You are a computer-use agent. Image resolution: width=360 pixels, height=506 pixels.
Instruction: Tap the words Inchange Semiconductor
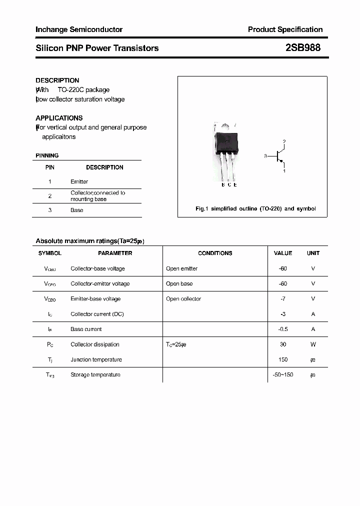click(79, 29)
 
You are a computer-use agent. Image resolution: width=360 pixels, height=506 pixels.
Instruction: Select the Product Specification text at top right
click(285, 29)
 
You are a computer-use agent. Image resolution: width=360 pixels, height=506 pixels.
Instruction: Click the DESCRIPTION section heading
click(57, 80)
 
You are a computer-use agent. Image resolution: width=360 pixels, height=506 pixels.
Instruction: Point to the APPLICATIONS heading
click(59, 118)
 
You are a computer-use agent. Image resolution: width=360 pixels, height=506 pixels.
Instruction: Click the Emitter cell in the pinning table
click(79, 181)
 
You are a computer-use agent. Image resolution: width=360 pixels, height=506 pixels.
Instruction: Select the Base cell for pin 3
click(77, 210)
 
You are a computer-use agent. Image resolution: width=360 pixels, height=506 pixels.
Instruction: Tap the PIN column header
click(50, 167)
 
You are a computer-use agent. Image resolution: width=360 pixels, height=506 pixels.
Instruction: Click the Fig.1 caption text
click(255, 208)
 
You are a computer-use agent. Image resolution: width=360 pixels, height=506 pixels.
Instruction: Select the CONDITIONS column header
click(215, 253)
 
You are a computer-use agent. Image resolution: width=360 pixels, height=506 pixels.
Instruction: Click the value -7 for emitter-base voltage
click(283, 299)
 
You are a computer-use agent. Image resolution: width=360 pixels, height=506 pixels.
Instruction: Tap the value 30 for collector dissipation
click(283, 344)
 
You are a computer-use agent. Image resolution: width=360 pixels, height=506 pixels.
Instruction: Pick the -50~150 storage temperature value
click(283, 374)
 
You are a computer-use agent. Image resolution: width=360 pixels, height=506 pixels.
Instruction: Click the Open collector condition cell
click(183, 299)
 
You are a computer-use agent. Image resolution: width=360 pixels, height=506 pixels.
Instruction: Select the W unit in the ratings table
click(313, 344)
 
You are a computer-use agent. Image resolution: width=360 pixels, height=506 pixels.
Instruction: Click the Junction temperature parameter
click(96, 359)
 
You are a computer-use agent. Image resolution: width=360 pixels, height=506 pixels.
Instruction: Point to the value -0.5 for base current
click(283, 329)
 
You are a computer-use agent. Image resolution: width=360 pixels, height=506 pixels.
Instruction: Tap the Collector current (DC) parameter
click(97, 314)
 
